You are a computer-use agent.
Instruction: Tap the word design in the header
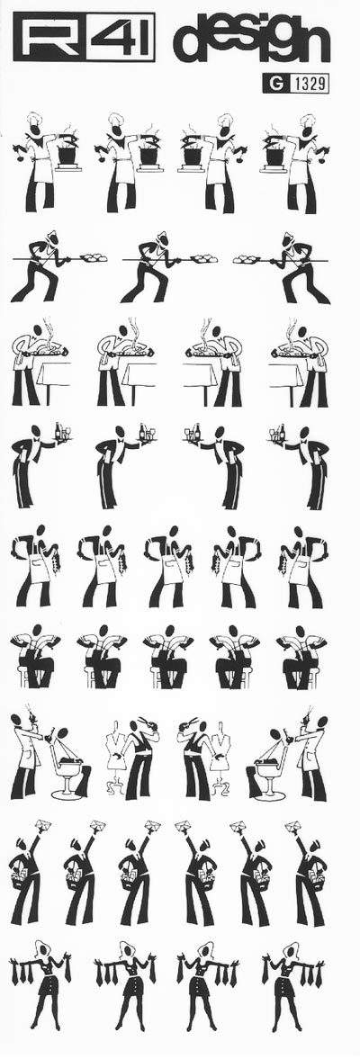tap(251, 40)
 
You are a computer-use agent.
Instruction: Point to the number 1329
tap(310, 85)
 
